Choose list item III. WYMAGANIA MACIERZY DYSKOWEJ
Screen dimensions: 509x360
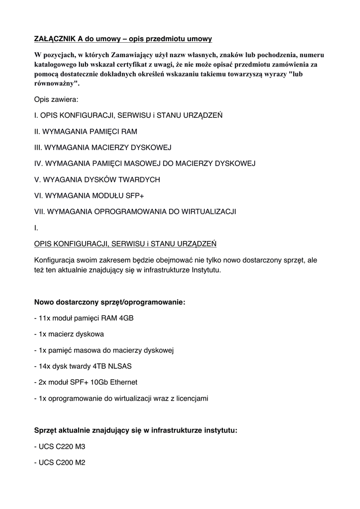coord(102,148)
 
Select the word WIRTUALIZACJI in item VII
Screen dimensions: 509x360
coord(205,211)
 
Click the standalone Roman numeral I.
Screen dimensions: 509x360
coord(36,228)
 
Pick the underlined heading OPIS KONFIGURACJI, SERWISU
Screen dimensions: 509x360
coord(125,244)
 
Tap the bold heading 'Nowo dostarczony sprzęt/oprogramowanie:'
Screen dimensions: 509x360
coord(109,302)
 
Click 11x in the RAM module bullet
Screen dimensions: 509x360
coord(44,318)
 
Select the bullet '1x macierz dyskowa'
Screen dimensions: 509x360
coord(69,334)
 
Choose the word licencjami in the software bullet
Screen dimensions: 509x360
coord(190,398)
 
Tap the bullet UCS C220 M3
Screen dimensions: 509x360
coord(60,446)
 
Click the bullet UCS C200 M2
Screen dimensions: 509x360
coord(60,462)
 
